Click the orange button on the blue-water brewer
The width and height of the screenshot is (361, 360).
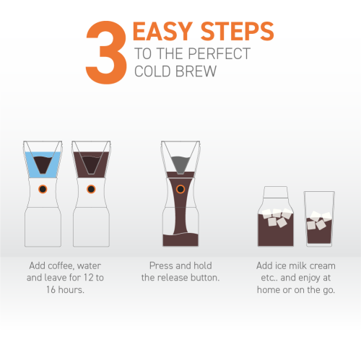point(42,189)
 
